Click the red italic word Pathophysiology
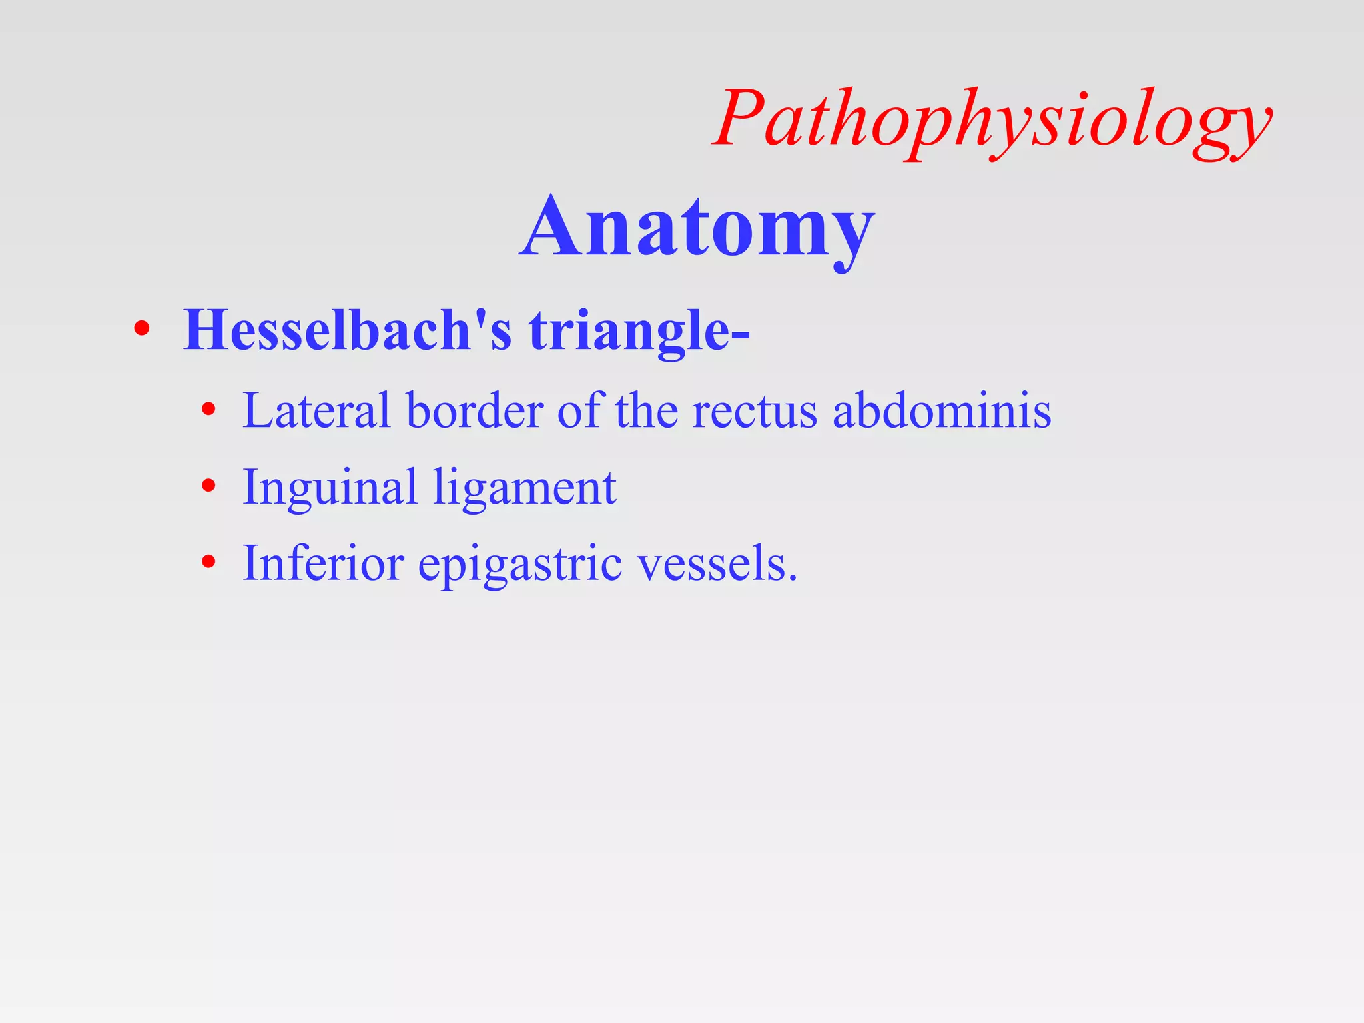point(992,120)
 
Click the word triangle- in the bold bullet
point(639,331)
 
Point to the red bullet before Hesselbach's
point(141,329)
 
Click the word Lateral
point(316,410)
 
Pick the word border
point(474,410)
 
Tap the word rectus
point(754,412)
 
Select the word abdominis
point(942,410)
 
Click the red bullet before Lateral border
point(209,410)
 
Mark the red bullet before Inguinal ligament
point(209,486)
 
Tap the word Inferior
point(323,563)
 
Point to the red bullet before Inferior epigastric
point(209,563)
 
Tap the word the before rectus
point(646,410)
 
